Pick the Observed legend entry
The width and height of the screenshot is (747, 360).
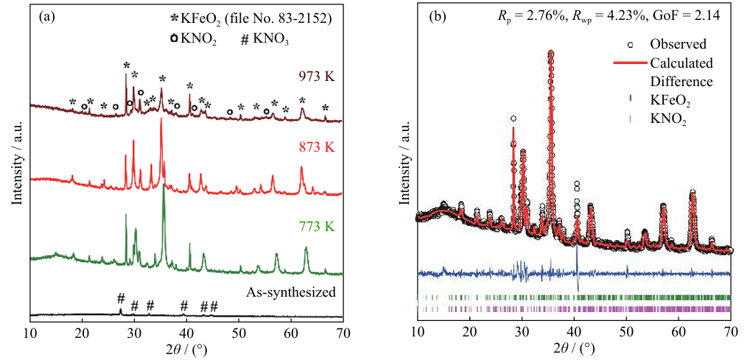point(678,44)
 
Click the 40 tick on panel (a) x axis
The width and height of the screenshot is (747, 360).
point(186,330)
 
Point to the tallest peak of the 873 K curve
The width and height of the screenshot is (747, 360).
point(161,120)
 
